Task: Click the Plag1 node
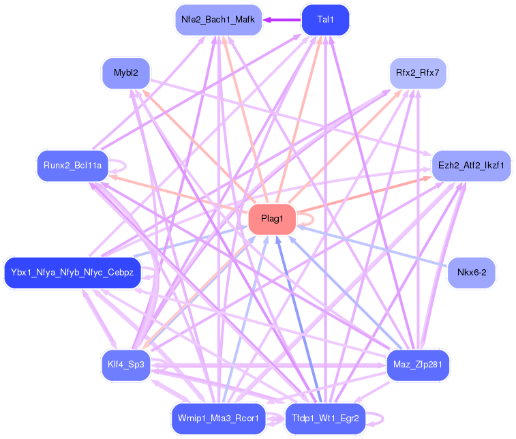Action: click(x=272, y=219)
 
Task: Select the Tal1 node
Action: click(x=325, y=20)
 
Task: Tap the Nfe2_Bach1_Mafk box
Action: click(x=217, y=20)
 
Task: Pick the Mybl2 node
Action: click(x=125, y=72)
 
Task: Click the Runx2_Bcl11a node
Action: click(x=72, y=166)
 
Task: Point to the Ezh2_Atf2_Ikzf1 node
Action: click(x=471, y=166)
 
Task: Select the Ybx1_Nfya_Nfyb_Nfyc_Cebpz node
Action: click(x=72, y=273)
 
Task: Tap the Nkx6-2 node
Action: click(x=471, y=273)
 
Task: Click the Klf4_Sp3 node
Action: click(x=125, y=365)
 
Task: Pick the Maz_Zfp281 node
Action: click(x=418, y=365)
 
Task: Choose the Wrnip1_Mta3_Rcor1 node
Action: click(x=217, y=418)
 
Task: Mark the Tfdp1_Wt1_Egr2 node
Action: click(x=325, y=418)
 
